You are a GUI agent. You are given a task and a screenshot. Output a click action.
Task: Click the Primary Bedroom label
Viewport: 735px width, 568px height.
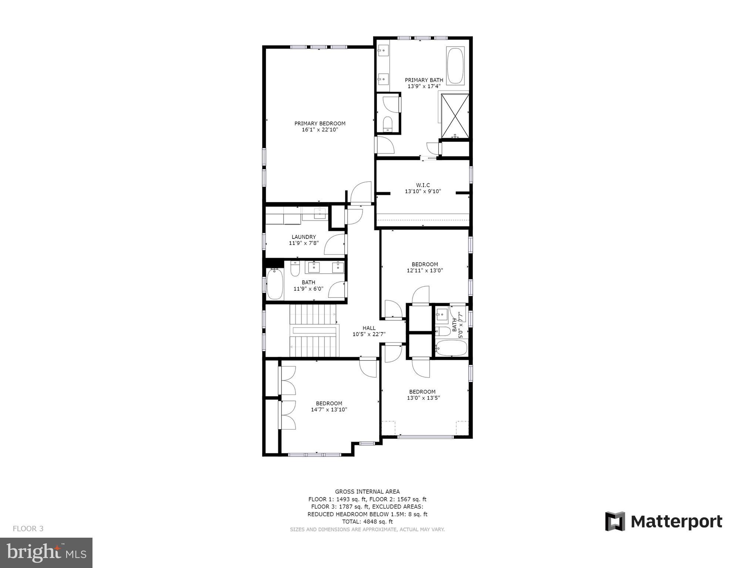click(x=320, y=124)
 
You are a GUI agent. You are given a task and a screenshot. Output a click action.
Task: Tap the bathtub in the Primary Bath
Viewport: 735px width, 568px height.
click(x=455, y=66)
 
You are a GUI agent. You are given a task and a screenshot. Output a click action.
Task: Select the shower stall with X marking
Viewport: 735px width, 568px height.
click(x=455, y=116)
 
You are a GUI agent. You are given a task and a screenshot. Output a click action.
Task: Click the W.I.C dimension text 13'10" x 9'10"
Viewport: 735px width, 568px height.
click(x=423, y=192)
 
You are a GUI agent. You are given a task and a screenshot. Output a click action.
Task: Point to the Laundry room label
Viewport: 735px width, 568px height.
click(x=304, y=237)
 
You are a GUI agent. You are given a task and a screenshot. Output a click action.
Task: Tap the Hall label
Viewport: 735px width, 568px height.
click(x=369, y=328)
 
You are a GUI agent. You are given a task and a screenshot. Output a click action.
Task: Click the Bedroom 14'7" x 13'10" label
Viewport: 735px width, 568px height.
click(x=329, y=403)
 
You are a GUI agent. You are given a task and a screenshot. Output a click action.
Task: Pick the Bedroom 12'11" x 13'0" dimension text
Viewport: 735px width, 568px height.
click(x=425, y=271)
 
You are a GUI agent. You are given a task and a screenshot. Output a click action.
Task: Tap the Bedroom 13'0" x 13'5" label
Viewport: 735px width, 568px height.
click(x=422, y=392)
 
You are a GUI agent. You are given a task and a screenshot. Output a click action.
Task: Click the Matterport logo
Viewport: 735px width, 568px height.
click(x=663, y=521)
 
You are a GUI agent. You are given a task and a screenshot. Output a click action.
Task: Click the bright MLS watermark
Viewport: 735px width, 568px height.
click(x=46, y=552)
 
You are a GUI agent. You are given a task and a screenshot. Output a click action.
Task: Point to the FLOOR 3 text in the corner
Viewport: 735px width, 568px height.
click(x=28, y=529)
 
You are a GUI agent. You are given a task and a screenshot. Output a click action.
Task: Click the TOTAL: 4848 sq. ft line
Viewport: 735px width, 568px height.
click(x=367, y=522)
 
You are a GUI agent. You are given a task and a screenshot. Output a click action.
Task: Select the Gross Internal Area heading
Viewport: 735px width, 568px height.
click(x=367, y=491)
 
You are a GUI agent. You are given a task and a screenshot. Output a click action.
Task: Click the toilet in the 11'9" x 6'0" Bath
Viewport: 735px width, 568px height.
click(x=295, y=269)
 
